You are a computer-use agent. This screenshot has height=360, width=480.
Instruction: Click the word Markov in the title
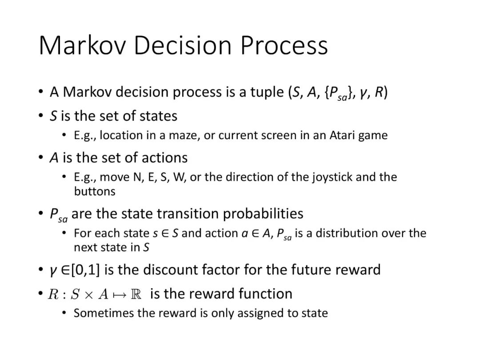tap(82, 45)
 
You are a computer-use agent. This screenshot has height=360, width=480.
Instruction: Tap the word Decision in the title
tap(183, 45)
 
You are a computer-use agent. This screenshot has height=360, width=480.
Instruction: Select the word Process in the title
tap(284, 45)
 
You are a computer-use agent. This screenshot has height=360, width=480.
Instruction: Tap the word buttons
tap(95, 191)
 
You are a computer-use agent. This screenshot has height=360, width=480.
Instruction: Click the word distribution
tap(347, 233)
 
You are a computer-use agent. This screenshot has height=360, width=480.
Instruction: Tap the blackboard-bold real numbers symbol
tap(136, 294)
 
